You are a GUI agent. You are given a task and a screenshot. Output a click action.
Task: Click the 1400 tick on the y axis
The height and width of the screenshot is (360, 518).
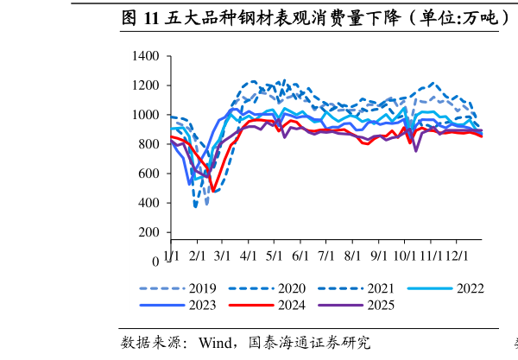[147, 57]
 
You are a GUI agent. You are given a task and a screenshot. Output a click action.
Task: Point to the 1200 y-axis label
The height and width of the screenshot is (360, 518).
[147, 86]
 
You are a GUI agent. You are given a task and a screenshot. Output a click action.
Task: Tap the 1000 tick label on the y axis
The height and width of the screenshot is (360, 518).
[147, 116]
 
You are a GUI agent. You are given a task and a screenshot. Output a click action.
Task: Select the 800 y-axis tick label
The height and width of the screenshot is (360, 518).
[150, 145]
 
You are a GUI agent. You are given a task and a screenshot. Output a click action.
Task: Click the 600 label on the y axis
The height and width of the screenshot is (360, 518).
[150, 174]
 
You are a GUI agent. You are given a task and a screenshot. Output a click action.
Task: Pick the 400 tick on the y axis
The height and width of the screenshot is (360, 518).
[150, 204]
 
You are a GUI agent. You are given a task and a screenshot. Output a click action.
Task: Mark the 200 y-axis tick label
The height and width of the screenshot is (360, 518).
[150, 233]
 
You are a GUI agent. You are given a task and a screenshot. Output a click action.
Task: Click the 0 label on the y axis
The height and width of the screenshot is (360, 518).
[155, 262]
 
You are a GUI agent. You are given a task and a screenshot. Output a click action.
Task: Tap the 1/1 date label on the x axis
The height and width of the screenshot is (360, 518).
[171, 256]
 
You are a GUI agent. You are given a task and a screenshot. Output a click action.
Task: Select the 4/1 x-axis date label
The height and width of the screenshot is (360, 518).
[250, 256]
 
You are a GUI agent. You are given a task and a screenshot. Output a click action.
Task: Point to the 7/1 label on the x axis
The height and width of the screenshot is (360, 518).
[327, 256]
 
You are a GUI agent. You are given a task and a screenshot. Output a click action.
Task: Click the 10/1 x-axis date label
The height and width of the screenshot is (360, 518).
[404, 256]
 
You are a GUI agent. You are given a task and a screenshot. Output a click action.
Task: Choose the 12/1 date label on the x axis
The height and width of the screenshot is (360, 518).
[456, 256]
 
